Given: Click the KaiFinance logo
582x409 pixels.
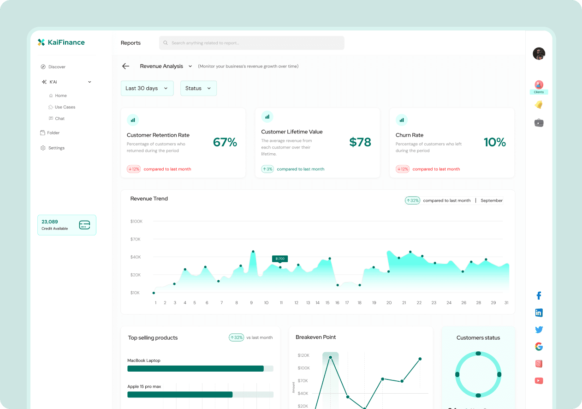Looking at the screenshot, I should click(61, 42).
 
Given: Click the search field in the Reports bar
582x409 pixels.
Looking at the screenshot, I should click(251, 43).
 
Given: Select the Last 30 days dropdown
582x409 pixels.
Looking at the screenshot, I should click(147, 88).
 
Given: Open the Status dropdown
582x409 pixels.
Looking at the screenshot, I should click(198, 88).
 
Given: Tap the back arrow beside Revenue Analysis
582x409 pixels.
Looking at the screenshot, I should click(125, 66).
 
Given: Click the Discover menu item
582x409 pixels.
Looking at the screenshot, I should click(57, 67).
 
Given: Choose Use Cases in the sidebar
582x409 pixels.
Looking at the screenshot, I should click(65, 107).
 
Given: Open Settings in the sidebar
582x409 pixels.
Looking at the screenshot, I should click(56, 148).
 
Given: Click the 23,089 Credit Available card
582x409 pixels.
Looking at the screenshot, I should click(67, 225).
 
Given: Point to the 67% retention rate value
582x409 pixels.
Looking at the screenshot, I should click(225, 142).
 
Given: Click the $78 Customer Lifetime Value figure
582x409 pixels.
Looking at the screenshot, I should click(360, 142).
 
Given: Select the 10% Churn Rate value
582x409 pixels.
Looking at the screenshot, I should click(495, 142).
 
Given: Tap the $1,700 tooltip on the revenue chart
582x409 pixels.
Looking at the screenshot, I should click(280, 259).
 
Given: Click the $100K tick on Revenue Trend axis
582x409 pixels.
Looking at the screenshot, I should click(137, 222).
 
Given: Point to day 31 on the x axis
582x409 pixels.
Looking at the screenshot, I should click(506, 303).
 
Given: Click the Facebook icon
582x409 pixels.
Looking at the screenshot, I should click(539, 296).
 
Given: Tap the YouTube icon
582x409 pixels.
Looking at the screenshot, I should click(539, 381).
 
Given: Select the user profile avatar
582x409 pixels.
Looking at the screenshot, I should click(539, 54).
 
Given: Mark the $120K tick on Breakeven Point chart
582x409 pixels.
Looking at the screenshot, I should click(303, 355).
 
